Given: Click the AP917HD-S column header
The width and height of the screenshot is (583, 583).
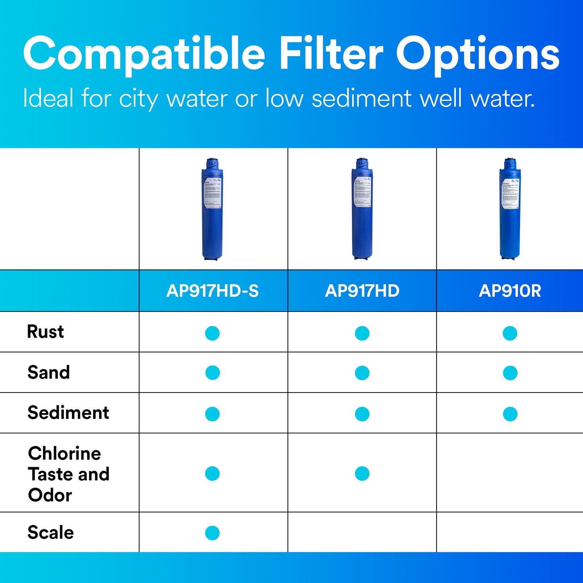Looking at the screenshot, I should pos(213,291).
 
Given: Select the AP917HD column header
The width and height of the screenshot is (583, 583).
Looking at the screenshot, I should pos(362,291).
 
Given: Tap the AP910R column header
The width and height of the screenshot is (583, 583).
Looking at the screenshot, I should pos(510,291).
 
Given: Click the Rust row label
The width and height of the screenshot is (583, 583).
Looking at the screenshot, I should pos(45,332).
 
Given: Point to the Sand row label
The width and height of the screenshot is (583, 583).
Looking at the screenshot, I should pos(48,372).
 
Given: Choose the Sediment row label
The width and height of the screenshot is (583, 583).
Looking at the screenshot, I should pos(68,413).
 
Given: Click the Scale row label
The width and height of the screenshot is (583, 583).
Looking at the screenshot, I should pos(50,533).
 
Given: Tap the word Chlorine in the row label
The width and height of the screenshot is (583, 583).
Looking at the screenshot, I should pos(65,453).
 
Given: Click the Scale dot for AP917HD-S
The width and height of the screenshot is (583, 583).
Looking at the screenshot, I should pos(212,533).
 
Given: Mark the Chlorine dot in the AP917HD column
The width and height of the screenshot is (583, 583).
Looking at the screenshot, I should pos(362,474).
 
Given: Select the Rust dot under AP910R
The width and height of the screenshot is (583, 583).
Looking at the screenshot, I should pos(510,333).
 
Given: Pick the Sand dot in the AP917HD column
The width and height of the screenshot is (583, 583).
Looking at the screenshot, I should pos(362,373).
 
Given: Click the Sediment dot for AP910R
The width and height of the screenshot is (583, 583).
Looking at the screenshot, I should pos(510,414).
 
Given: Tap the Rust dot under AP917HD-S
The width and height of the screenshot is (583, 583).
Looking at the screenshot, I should pos(212,333).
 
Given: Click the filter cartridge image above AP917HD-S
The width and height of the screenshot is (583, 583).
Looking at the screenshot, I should pos(213,209).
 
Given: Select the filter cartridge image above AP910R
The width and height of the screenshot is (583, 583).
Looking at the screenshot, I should pos(510,209).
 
